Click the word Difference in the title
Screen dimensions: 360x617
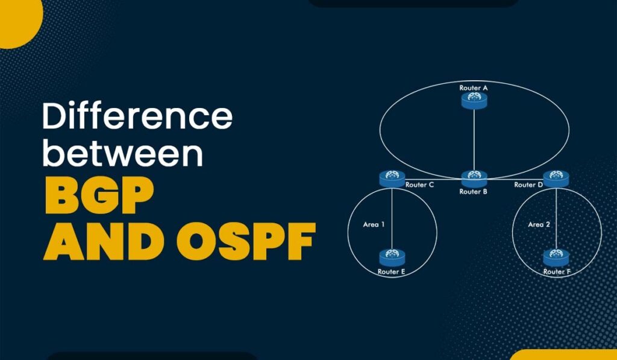[137, 116]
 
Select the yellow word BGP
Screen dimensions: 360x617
[99, 198]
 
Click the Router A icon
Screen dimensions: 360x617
[474, 101]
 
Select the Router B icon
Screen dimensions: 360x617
[474, 178]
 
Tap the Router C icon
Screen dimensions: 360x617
[392, 178]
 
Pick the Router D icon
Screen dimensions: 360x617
[556, 178]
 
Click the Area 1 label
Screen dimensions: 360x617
[374, 224]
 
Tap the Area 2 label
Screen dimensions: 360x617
[539, 224]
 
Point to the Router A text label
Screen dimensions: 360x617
[474, 88]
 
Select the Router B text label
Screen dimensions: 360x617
[474, 192]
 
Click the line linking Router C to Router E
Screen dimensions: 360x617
[392, 217]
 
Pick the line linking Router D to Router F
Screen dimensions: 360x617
[556, 217]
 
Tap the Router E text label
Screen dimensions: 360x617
[392, 272]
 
